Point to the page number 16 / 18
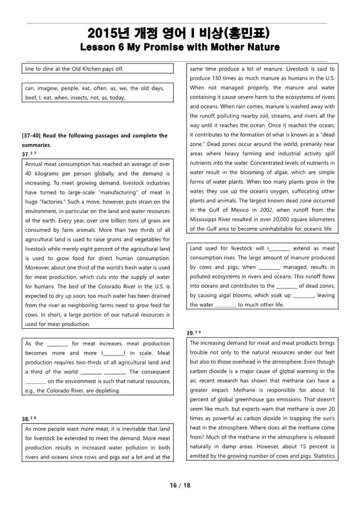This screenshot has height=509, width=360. (180, 485)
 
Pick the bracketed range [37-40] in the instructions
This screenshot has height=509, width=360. (31, 136)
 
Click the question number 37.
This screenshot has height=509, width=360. (25, 154)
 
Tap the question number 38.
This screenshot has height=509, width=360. (25, 418)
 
